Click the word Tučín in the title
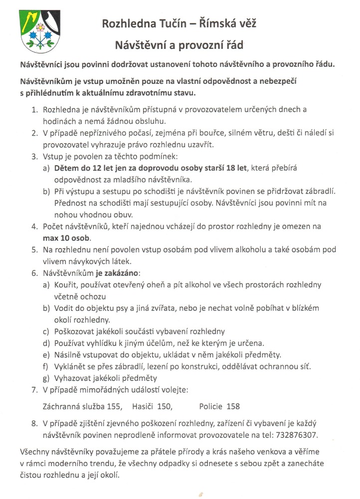(163, 23)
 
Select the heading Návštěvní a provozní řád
(179, 45)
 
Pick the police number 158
(233, 406)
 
